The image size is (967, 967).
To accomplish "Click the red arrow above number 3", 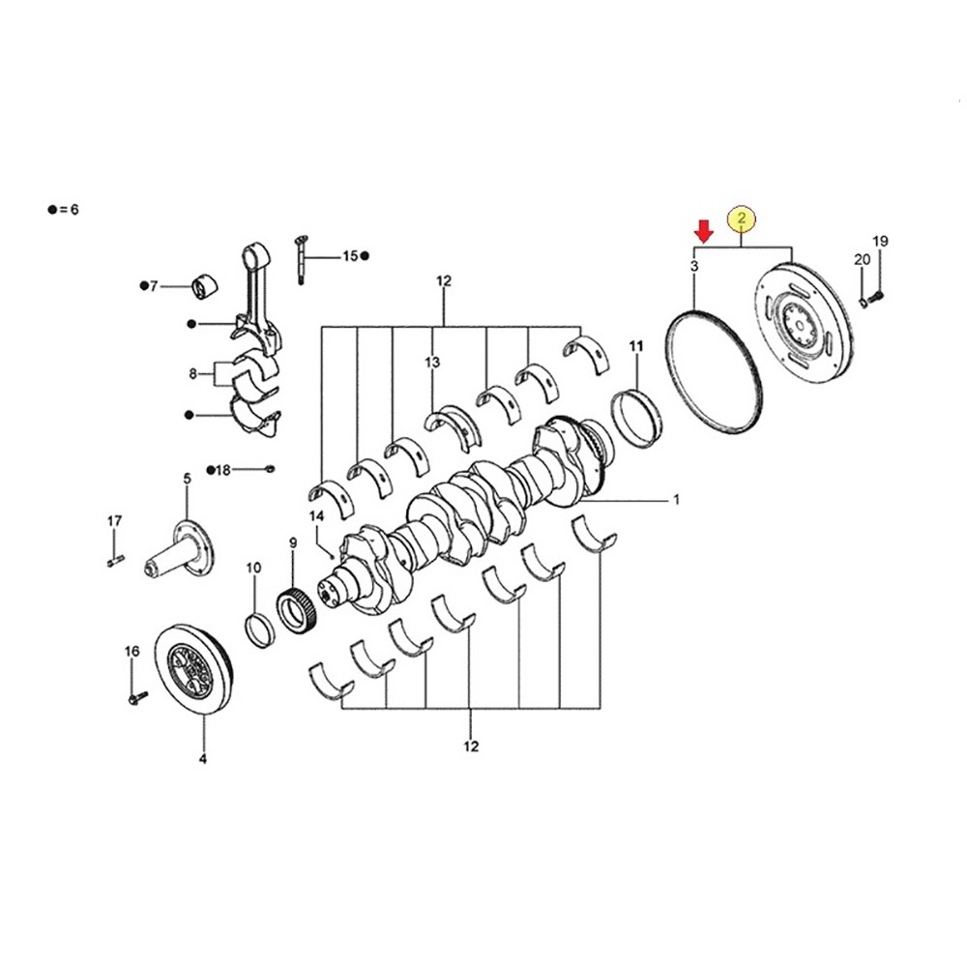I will (x=705, y=231).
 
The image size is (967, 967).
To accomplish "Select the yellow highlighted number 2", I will (x=742, y=220).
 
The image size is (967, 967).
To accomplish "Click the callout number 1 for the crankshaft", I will (x=676, y=500).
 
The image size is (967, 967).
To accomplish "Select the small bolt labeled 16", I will (x=135, y=695).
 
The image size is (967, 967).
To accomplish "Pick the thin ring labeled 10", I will (x=257, y=630).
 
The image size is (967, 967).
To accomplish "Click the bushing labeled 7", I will (x=204, y=287).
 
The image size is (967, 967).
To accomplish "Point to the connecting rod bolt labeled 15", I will (x=302, y=258).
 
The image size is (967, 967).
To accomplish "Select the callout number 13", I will (x=431, y=362).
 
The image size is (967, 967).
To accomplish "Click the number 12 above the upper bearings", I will (x=444, y=282).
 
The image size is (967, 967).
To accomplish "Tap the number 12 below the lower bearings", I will (x=471, y=746).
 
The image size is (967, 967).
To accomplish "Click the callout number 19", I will (x=880, y=241).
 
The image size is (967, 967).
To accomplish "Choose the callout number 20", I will (x=862, y=259).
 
